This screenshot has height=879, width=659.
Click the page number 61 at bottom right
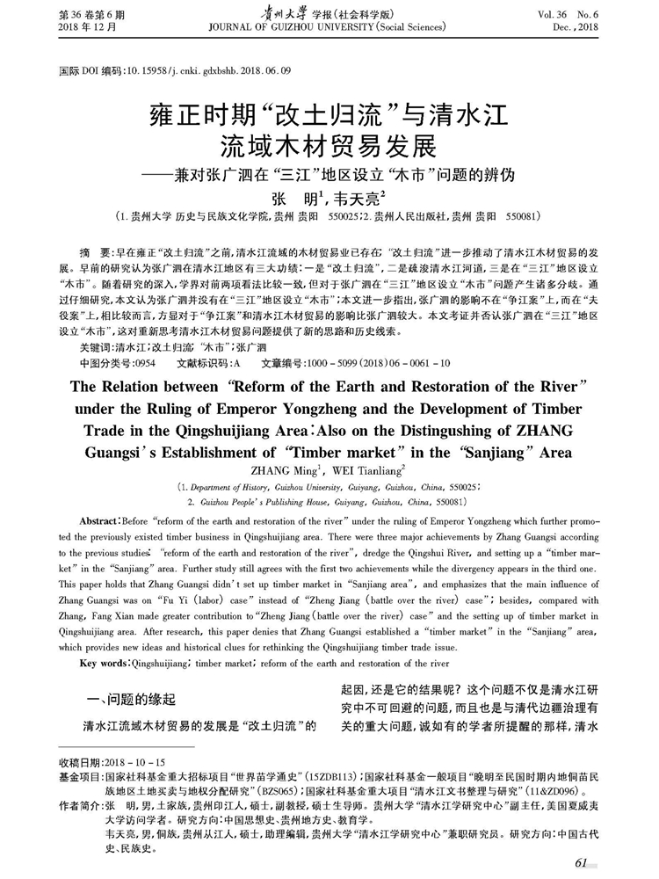(583, 863)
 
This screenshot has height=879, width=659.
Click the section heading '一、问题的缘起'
(127, 700)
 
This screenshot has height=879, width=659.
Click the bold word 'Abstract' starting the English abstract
(104, 520)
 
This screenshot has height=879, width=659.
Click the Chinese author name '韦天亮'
(358, 199)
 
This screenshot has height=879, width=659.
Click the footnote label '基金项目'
(77, 777)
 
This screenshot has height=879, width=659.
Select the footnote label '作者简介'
(77, 805)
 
